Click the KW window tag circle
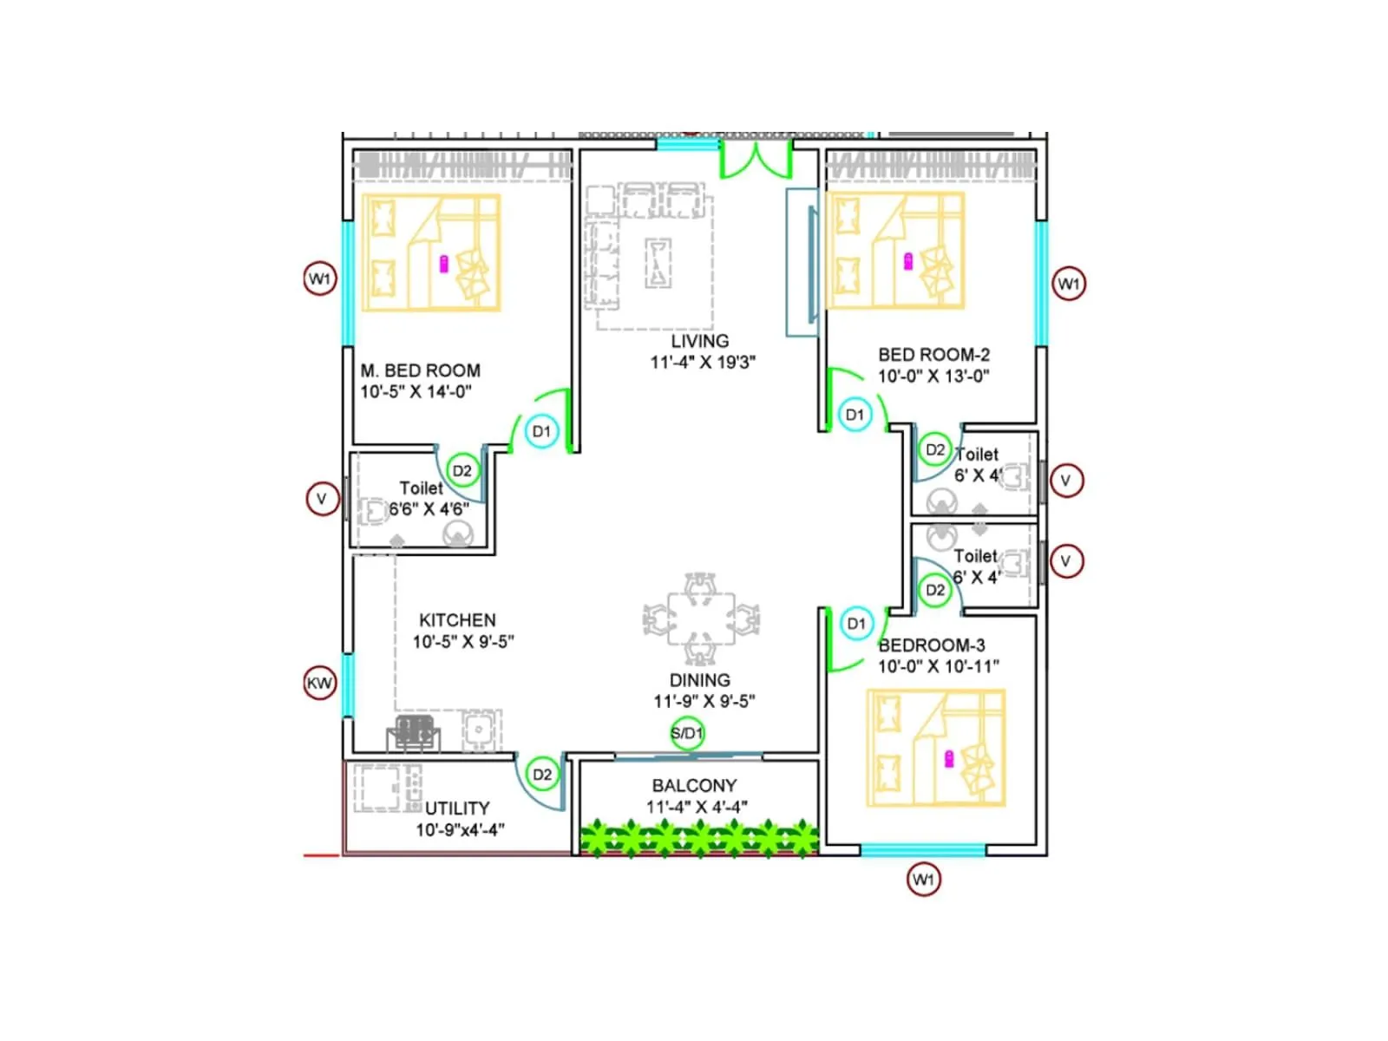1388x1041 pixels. pyautogui.click(x=319, y=683)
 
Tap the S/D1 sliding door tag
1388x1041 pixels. pyautogui.click(x=687, y=733)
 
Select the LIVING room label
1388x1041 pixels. pyautogui.click(x=699, y=341)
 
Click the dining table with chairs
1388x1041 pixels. pyautogui.click(x=700, y=619)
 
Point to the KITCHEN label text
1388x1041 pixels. pyautogui.click(x=457, y=620)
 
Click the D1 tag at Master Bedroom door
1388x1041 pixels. pyautogui.click(x=541, y=431)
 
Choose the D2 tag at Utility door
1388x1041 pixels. pyautogui.click(x=542, y=775)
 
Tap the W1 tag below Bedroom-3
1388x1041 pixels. pyautogui.click(x=923, y=880)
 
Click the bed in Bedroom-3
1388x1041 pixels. pyautogui.click(x=936, y=748)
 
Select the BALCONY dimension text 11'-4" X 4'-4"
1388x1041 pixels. pyautogui.click(x=697, y=807)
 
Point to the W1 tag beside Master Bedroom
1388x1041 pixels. pyautogui.click(x=319, y=278)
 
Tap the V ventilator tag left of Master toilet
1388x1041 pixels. pyautogui.click(x=322, y=499)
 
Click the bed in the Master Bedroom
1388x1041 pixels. pyautogui.click(x=431, y=252)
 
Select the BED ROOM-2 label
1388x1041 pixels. pyautogui.click(x=933, y=354)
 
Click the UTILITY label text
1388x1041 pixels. pyautogui.click(x=457, y=808)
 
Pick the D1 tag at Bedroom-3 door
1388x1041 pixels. pyautogui.click(x=856, y=624)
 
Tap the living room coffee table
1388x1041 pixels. pyautogui.click(x=658, y=262)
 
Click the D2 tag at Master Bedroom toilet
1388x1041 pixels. pyautogui.click(x=462, y=471)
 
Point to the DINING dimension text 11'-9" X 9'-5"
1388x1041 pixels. pyautogui.click(x=704, y=701)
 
